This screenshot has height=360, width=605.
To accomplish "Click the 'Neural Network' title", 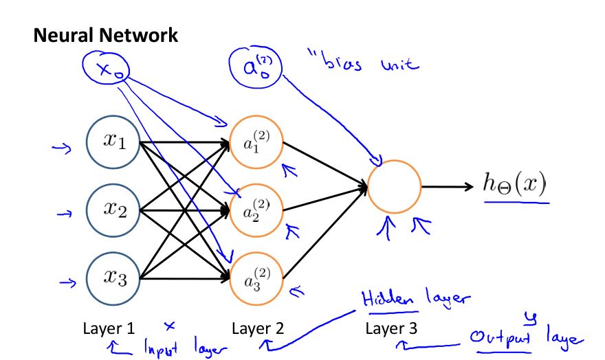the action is click(x=106, y=36).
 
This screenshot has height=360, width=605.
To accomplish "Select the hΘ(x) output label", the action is click(x=515, y=183).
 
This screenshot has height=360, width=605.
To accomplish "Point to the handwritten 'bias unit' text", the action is click(x=364, y=62).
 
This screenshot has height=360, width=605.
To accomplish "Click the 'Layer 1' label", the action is click(x=109, y=328).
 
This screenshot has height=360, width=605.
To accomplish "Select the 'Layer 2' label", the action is click(x=258, y=328).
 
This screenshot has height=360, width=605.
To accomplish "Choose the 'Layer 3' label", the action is click(x=391, y=328).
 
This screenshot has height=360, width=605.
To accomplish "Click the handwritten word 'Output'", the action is click(x=500, y=337).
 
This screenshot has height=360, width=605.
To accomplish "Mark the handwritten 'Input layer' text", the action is click(x=186, y=347).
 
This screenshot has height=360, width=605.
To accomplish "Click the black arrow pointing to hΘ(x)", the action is click(x=447, y=187).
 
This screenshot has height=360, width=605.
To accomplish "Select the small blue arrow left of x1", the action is click(x=62, y=148).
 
